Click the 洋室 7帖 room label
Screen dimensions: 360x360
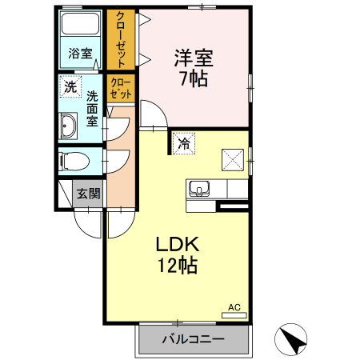point(194,68)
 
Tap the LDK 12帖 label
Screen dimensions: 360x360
point(178,254)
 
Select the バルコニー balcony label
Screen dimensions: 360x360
point(194,339)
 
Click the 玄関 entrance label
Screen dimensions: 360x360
point(89,194)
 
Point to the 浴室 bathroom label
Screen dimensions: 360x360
point(80,53)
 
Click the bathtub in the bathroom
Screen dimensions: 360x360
point(80,23)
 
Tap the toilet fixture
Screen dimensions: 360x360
point(75,161)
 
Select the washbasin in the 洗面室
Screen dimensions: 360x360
point(69,126)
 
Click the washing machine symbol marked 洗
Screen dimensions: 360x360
point(70,86)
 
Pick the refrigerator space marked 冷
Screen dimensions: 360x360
point(184,144)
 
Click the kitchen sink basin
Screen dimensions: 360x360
point(199,188)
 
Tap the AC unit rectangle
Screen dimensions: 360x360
point(234,315)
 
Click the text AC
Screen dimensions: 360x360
point(234,307)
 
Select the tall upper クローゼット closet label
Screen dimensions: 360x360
point(121,39)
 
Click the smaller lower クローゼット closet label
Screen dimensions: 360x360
point(121,89)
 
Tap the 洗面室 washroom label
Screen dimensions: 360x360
point(92,109)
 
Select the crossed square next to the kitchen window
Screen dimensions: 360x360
point(233,160)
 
